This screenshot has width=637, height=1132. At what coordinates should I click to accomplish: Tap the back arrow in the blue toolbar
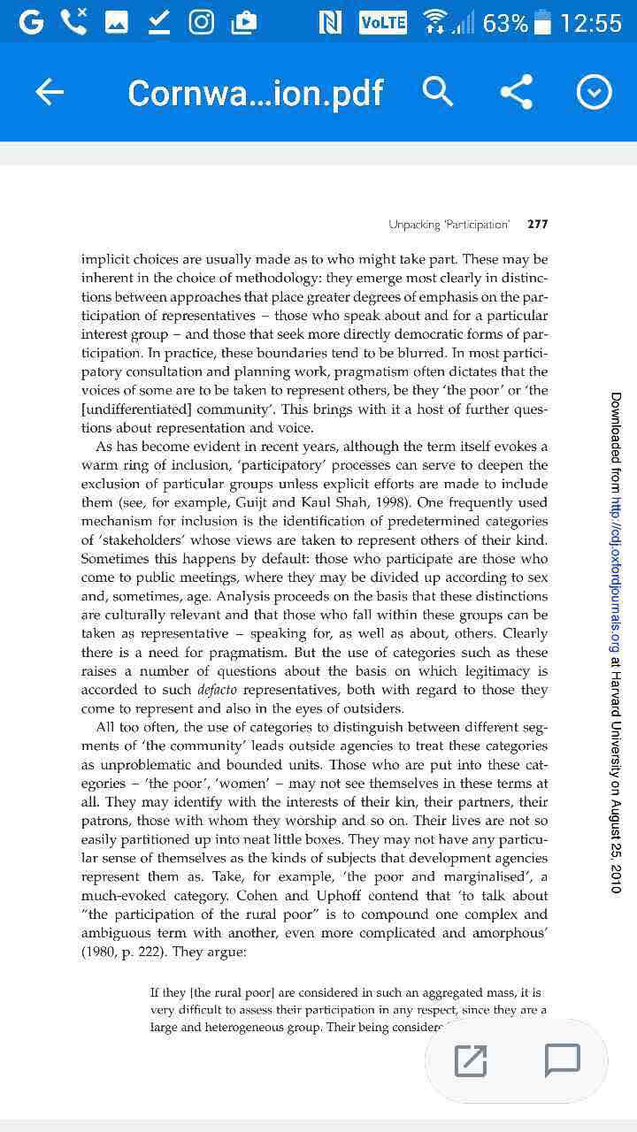coord(50,92)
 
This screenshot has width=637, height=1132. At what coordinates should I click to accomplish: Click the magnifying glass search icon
coord(438,92)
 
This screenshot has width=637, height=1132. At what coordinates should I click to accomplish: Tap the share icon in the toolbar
coord(516,92)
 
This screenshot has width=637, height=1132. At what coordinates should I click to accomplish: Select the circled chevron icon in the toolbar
coord(594,92)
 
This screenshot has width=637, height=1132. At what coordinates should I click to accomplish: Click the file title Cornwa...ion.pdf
coord(256,93)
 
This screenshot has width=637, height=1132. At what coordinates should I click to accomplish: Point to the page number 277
coord(537,225)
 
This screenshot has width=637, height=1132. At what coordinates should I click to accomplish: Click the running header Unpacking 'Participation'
coord(449,225)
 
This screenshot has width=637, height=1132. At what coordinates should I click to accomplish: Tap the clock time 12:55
coord(590,23)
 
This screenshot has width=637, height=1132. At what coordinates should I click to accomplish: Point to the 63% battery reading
coord(505,23)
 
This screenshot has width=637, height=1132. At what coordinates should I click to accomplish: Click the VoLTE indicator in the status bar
coord(383,23)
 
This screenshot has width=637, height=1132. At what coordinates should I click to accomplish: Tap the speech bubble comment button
coord(562,1060)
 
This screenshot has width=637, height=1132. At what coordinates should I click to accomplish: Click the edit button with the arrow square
coord(471,1060)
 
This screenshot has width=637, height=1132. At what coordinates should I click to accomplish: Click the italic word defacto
coord(217,690)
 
